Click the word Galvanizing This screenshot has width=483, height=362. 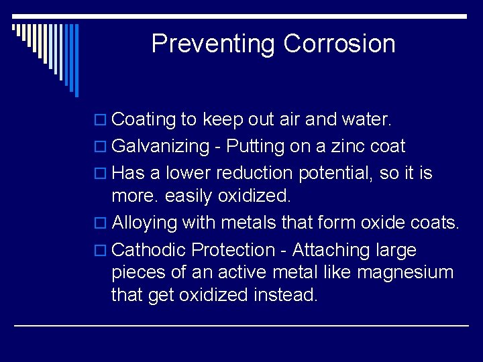coord(160,147)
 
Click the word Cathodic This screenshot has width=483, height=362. coord(149,251)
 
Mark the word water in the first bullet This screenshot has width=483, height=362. coord(366,120)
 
